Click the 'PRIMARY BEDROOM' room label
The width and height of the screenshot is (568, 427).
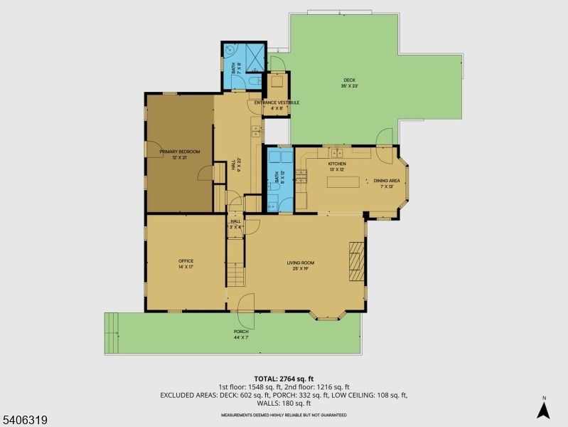point(179,152)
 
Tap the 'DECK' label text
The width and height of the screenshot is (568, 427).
point(349,80)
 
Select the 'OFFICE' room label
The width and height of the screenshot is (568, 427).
point(186,261)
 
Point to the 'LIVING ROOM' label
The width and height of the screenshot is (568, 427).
point(301,263)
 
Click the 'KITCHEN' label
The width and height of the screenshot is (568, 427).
point(336,164)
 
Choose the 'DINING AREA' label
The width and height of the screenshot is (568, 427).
point(387,181)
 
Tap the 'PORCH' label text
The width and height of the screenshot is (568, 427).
point(241,332)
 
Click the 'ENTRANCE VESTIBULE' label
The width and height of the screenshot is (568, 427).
point(277,102)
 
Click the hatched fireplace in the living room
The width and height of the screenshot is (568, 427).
point(356,261)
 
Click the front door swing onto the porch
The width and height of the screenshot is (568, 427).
point(246,303)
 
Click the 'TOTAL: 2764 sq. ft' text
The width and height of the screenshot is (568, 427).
point(284,379)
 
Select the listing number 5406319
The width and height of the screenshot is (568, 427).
point(25,420)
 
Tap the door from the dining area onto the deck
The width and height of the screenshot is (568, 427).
point(385,137)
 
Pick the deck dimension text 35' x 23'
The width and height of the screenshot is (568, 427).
point(349,86)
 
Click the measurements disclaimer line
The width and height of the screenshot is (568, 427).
point(284,414)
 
